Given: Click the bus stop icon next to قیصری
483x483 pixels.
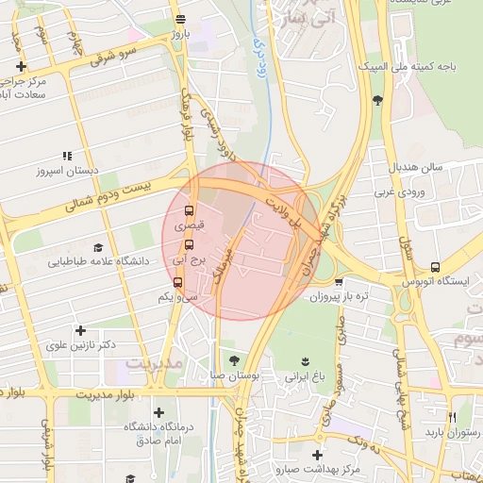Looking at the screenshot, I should [190, 210].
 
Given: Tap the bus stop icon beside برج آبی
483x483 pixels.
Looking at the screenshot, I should [189, 246].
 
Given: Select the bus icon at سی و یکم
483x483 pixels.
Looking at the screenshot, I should [177, 281].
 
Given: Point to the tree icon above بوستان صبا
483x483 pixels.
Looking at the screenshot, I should [235, 360].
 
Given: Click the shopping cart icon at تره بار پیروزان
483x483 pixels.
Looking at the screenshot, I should [338, 281].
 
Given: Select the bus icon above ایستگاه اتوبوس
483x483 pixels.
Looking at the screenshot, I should [434, 267].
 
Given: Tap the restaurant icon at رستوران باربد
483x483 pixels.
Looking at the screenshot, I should [453, 417].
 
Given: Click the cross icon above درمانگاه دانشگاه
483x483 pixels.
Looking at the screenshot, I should [158, 412].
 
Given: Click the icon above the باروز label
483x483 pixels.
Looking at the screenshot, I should [179, 19].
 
